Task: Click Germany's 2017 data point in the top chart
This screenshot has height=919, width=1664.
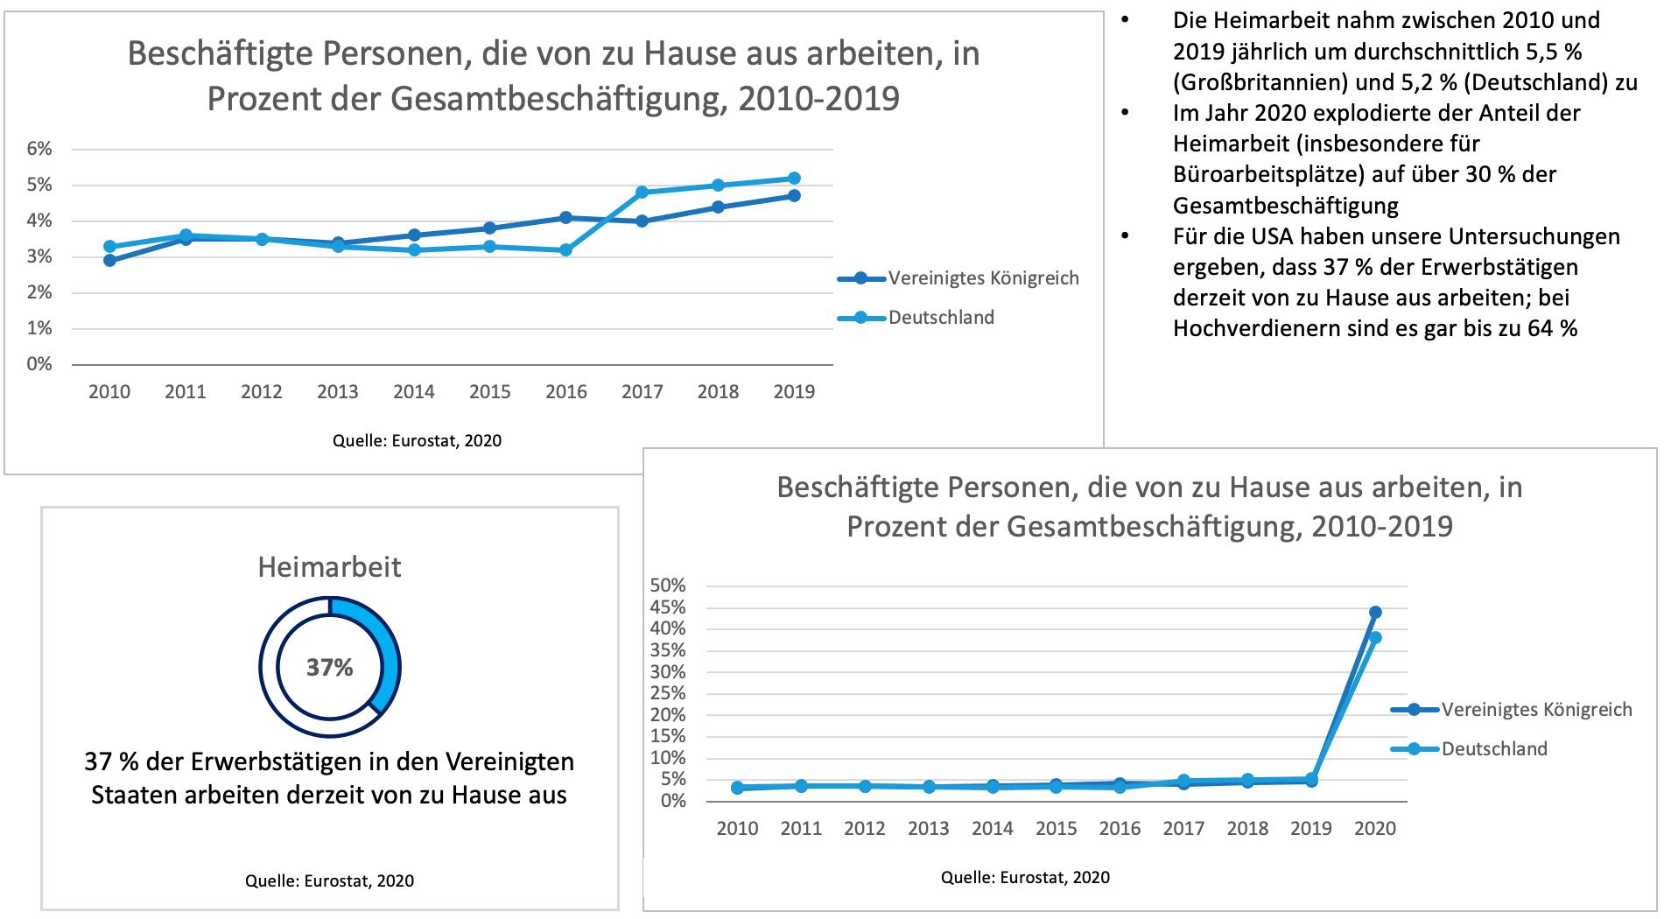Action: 642,193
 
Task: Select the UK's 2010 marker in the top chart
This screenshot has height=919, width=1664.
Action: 109,261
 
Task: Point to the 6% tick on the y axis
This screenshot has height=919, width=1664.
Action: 39,149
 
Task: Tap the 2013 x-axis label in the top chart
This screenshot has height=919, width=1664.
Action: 338,392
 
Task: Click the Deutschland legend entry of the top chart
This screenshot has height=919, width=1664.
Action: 916,318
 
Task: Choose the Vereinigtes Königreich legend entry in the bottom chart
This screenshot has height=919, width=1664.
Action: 1512,710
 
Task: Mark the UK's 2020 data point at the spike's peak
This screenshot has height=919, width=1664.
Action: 1375,613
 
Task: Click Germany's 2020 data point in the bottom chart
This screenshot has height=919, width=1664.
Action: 1375,638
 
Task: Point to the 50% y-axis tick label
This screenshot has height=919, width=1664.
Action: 668,586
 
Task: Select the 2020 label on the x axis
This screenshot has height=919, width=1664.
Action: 1375,829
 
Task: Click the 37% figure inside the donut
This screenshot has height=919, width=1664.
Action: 330,668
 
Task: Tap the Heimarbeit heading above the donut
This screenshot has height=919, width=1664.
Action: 330,567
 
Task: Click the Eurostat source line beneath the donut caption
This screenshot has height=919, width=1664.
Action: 330,881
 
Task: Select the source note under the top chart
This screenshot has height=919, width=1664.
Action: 418,441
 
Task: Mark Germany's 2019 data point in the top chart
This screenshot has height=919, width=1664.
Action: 795,179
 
